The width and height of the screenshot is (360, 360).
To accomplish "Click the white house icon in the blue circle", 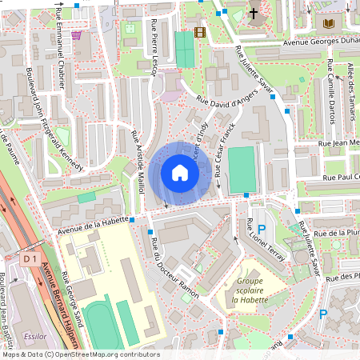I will point(180,173).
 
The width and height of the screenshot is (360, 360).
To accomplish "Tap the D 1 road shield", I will point(31,259).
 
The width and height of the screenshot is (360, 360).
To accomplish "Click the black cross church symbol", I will point(254,14).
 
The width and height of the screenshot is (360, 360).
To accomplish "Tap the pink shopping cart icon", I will point(76,35).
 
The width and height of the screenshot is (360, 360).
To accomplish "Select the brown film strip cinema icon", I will point(199,33).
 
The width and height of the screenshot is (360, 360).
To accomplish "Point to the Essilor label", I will point(36,337).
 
